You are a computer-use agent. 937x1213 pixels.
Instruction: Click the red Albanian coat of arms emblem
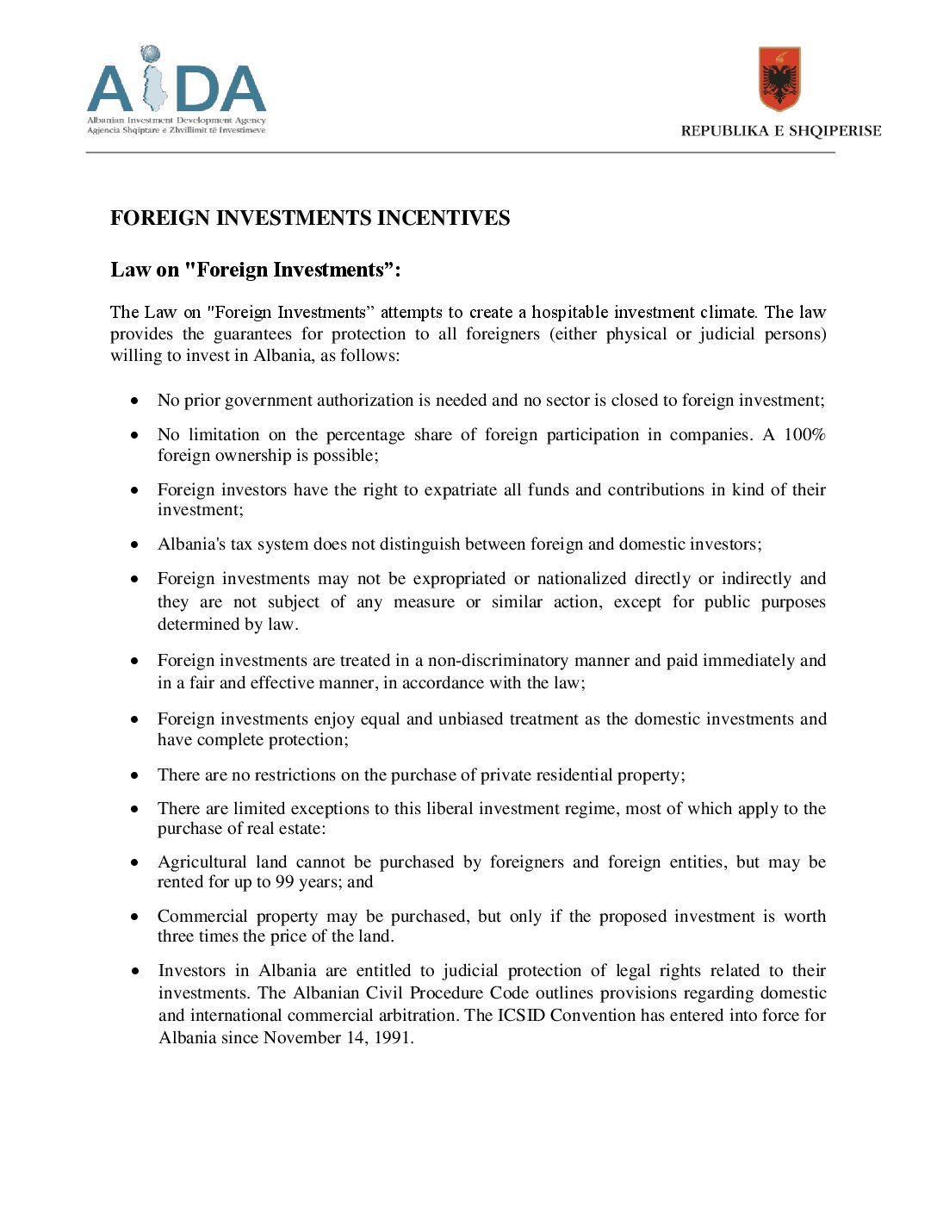(x=779, y=78)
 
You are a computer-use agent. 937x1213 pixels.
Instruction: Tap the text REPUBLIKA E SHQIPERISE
(x=780, y=131)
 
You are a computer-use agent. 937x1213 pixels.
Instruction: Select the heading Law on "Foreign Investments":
(x=256, y=271)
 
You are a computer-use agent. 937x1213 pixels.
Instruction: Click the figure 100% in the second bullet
(x=804, y=435)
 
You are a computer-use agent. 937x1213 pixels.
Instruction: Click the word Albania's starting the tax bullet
(x=191, y=544)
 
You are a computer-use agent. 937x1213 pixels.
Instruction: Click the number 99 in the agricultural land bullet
(x=284, y=882)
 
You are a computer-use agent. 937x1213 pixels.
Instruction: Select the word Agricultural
(x=201, y=862)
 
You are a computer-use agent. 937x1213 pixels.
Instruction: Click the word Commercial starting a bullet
(x=199, y=917)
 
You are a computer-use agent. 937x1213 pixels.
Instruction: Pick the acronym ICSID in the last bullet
(x=521, y=1016)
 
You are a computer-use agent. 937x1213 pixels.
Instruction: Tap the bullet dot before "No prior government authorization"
(x=134, y=401)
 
